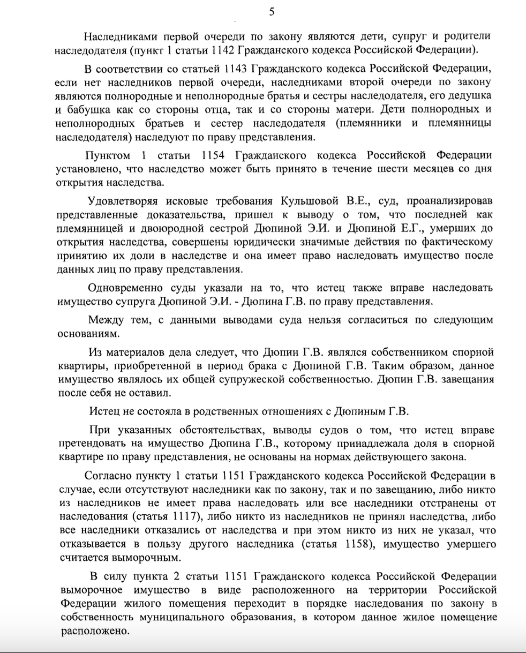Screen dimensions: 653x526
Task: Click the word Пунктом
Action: coord(107,155)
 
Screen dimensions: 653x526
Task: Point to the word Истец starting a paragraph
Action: coord(105,411)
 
